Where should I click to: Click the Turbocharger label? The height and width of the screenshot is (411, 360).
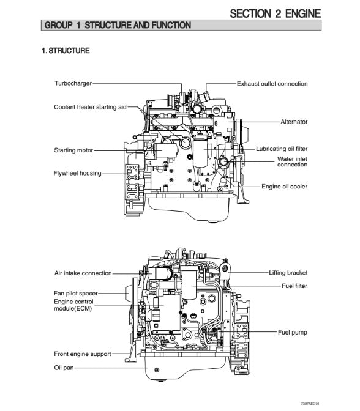pos(73,83)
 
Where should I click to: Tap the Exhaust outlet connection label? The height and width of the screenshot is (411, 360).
pos(272,84)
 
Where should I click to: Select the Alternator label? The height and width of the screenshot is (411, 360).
pos(294,122)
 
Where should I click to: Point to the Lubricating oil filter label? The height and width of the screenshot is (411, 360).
pos(282,149)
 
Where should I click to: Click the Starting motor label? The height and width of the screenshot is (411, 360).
pos(73,150)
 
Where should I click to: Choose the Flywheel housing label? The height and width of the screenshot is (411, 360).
pos(77,173)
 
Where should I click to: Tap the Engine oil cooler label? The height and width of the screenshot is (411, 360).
pos(285,187)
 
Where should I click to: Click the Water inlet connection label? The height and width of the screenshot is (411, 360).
pos(292,161)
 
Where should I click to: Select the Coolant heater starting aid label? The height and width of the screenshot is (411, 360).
pos(90,107)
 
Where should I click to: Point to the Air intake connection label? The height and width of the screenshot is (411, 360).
pos(83,273)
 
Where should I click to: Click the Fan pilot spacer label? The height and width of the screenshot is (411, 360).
pos(75,294)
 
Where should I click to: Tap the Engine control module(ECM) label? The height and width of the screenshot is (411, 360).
pos(73,305)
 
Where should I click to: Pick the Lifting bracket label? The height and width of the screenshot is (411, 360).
pos(288,273)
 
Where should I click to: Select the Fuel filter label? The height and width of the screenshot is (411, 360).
pos(294,286)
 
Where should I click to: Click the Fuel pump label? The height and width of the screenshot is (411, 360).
pos(292,332)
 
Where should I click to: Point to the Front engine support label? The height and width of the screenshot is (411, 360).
pos(83,354)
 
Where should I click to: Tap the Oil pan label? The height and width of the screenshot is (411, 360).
pos(64,368)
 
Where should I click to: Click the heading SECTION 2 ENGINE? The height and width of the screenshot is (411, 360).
pos(276,13)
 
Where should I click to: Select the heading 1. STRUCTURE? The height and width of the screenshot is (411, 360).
pos(66,50)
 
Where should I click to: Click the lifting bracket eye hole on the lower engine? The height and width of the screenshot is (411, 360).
pos(224,268)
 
